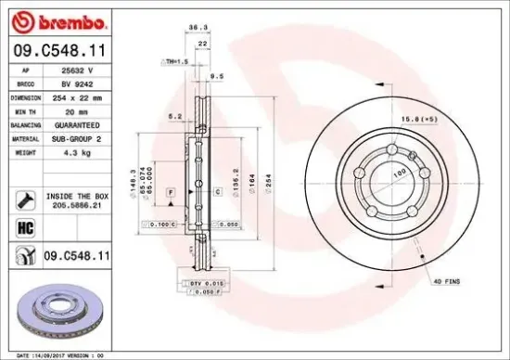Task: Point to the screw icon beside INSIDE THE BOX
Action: [x=25, y=199]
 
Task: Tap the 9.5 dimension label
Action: [x=219, y=76]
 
